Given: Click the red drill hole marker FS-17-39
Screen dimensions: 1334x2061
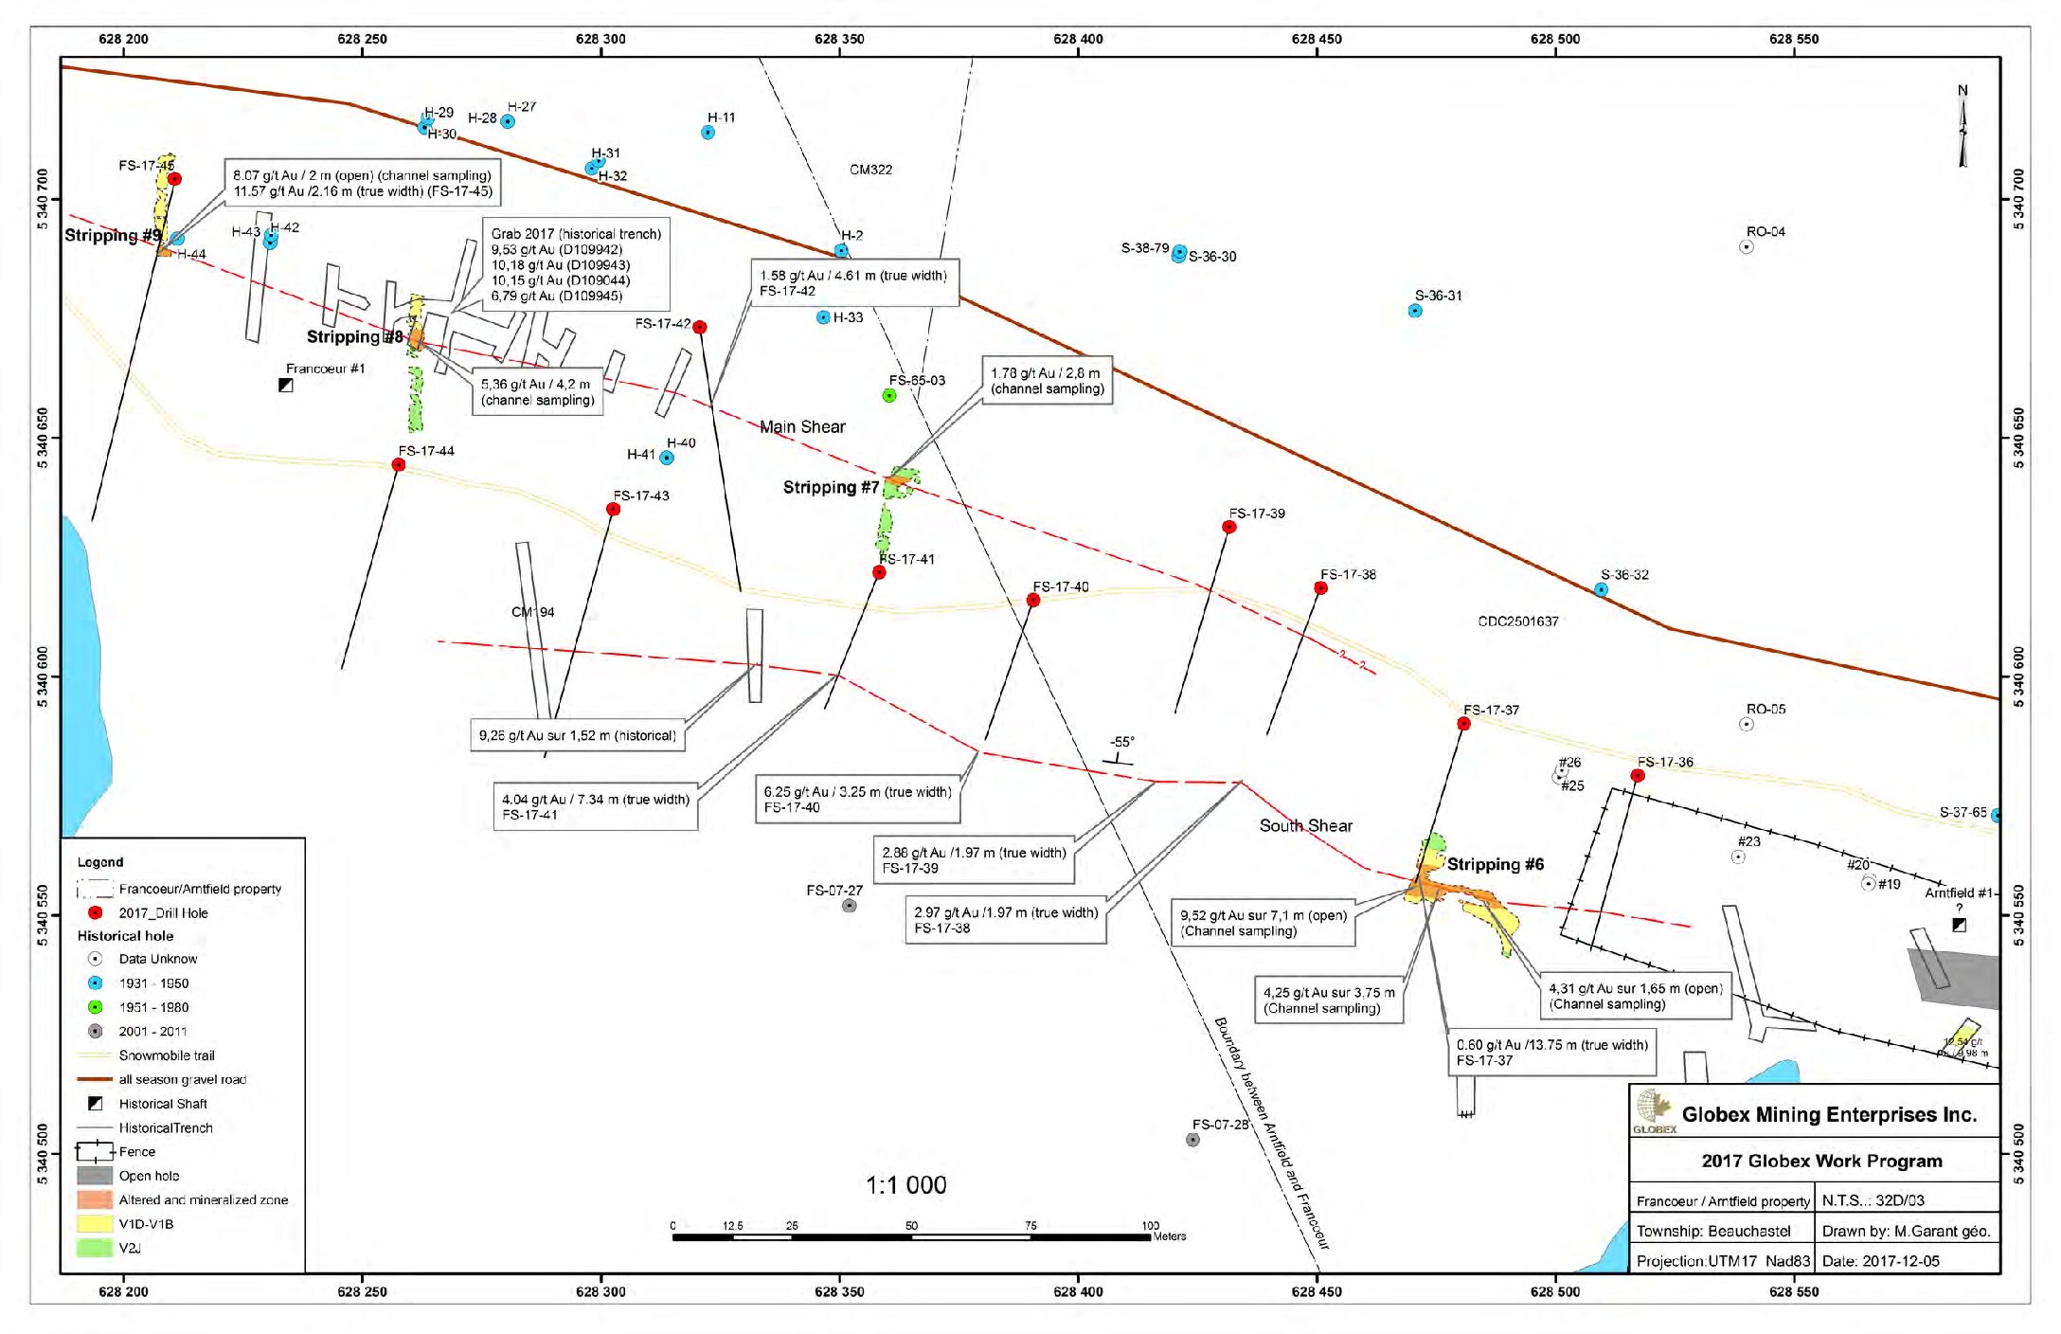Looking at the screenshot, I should point(1228,527).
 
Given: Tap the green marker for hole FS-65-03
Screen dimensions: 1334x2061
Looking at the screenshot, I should point(889,395).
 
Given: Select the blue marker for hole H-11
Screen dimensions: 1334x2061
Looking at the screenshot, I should point(708,133).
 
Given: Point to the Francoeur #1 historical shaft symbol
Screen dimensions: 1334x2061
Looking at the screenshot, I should point(285,385).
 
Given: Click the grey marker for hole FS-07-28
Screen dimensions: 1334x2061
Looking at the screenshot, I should point(1192,1140).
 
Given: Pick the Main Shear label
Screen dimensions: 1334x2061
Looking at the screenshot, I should point(802,427).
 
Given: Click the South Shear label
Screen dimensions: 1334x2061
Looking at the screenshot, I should point(1305,826).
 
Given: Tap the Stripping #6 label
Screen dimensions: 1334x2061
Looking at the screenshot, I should point(1495,864).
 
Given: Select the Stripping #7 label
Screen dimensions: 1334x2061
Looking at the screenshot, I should point(831,488).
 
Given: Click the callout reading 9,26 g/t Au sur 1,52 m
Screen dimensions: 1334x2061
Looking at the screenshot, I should point(577,735).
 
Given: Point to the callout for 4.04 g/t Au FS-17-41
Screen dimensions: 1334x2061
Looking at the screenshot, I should point(595,806).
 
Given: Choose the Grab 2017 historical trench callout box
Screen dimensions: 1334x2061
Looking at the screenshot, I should point(576,264).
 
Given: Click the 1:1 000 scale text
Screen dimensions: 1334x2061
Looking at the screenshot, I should point(905,1185).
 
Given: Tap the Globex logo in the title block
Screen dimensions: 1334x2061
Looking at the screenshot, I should point(1654,1110).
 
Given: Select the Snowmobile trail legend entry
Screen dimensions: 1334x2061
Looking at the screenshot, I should point(166,1055).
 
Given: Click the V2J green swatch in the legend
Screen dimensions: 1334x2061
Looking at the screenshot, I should point(94,1248).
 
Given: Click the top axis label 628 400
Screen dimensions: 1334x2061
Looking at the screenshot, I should point(1078,39).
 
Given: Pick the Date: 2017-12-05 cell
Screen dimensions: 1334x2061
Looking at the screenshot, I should point(1906,1261).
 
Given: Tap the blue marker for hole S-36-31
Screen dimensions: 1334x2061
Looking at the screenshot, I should point(1415,311).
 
